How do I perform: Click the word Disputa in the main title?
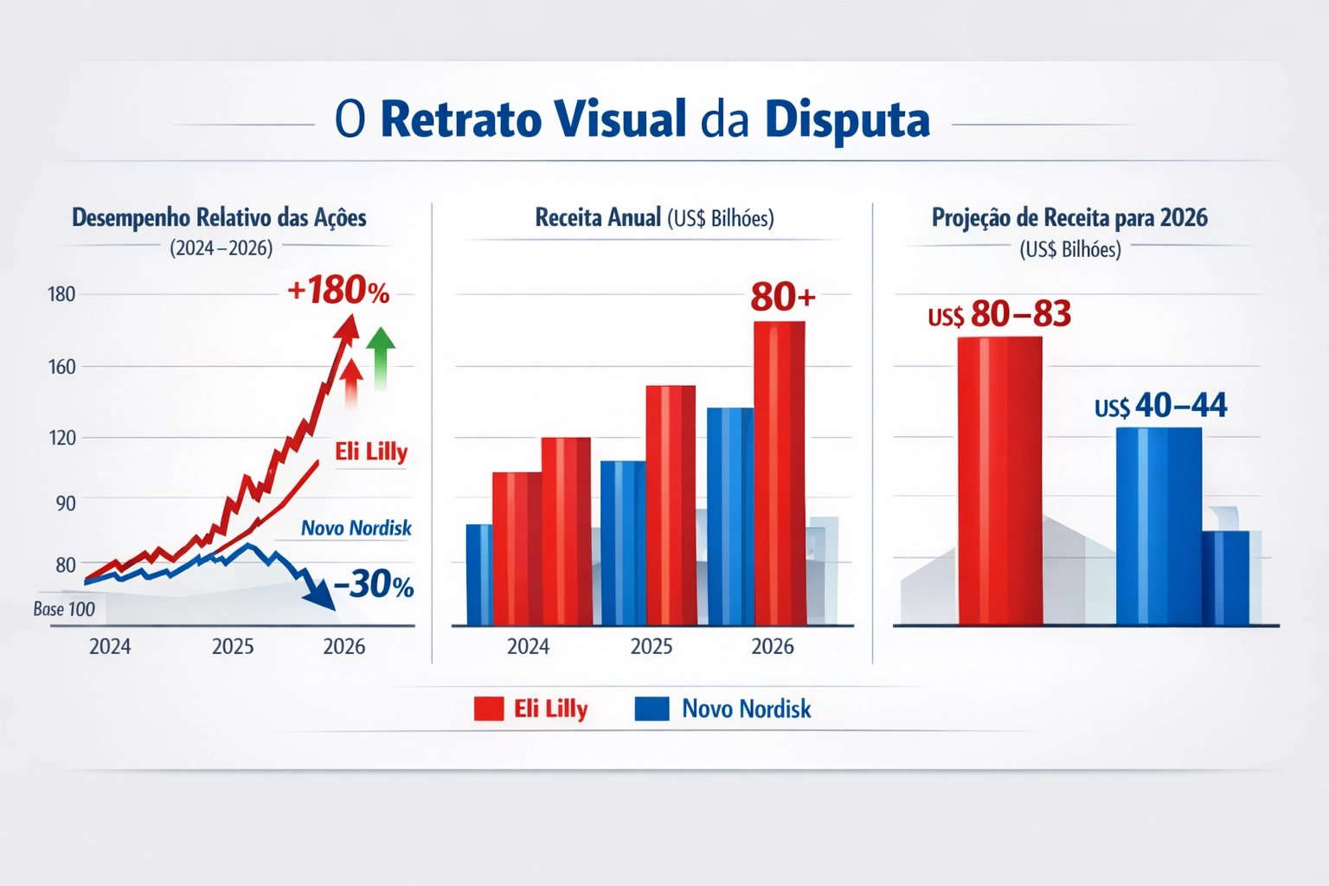[847, 120]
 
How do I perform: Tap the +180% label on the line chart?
[338, 291]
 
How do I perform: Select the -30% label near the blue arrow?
[374, 585]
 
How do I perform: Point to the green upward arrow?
[381, 356]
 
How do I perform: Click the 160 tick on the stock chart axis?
[62, 367]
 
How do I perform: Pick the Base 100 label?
[64, 609]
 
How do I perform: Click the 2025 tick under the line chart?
[233, 646]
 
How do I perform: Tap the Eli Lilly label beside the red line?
[371, 452]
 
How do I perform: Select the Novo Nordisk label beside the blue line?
[356, 528]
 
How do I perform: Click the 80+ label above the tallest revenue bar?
[782, 297]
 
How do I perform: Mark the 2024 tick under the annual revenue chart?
[528, 646]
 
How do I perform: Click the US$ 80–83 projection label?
[999, 314]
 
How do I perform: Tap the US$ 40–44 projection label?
[1160, 405]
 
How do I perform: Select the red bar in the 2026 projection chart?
[999, 480]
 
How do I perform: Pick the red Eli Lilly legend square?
[489, 709]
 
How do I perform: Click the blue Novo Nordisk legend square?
[652, 709]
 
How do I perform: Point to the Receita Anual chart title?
[654, 217]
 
